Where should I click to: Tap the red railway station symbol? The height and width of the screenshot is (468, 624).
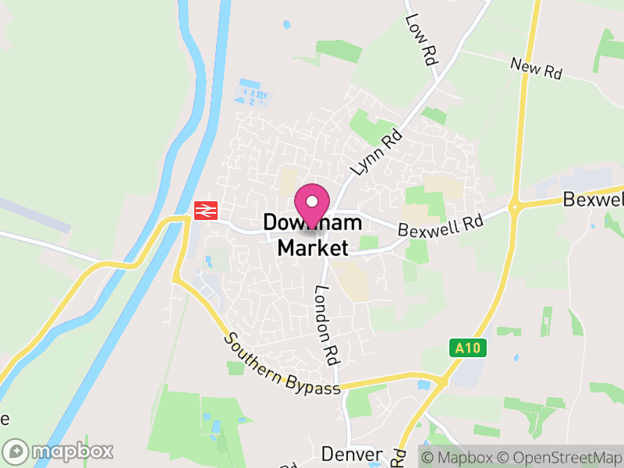[x=205, y=209]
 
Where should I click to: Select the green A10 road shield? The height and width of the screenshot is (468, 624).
[x=468, y=348]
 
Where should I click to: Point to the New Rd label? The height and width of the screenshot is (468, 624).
[x=537, y=69]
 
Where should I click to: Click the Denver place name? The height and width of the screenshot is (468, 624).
[x=352, y=454]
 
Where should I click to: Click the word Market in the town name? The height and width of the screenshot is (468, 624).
[x=313, y=248]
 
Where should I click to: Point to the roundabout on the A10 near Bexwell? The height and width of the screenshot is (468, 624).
[x=515, y=206]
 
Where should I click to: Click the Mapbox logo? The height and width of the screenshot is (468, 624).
[x=59, y=451]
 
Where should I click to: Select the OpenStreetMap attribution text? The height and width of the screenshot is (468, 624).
[x=561, y=456]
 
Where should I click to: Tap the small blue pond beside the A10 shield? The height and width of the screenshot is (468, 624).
[x=516, y=358]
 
